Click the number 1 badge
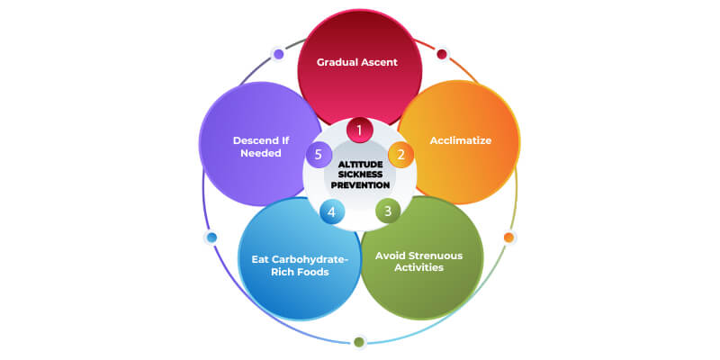359,130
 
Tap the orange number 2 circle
401,154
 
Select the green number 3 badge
387,211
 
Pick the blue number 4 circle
331,211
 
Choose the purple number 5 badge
317,154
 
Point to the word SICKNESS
359,175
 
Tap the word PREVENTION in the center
359,185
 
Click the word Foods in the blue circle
315,273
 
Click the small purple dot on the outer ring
279,54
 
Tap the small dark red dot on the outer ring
442,54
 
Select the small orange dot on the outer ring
508,238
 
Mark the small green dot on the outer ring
359,341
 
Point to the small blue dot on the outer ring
211,238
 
